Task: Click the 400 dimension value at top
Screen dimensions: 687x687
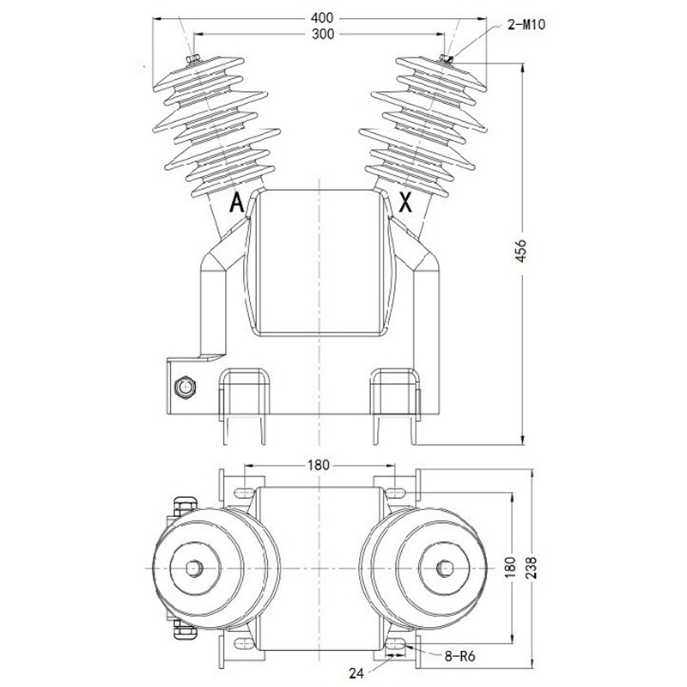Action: pyautogui.click(x=322, y=18)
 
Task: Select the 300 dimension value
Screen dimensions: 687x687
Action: pyautogui.click(x=323, y=34)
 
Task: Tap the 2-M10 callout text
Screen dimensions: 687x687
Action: pyautogui.click(x=526, y=24)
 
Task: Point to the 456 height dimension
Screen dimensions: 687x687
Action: pyautogui.click(x=520, y=251)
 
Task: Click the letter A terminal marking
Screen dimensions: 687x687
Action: pyautogui.click(x=237, y=203)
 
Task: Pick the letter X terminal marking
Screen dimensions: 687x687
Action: pyautogui.click(x=405, y=203)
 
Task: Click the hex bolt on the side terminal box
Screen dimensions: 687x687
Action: pyautogui.click(x=185, y=387)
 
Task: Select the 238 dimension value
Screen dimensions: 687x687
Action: pyautogui.click(x=532, y=568)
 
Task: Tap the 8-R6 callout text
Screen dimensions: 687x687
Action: pyautogui.click(x=460, y=656)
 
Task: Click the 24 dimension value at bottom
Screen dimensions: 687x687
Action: pyautogui.click(x=356, y=673)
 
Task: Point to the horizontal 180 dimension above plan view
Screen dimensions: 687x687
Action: pyautogui.click(x=318, y=465)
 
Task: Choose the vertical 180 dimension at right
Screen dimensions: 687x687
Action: pyautogui.click(x=510, y=568)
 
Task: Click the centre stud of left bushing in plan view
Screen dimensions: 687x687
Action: pyautogui.click(x=194, y=568)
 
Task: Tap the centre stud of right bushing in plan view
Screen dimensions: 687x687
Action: pyautogui.click(x=445, y=568)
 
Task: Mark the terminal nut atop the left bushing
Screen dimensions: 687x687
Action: pyautogui.click(x=192, y=59)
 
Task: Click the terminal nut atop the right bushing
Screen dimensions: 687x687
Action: pyautogui.click(x=447, y=58)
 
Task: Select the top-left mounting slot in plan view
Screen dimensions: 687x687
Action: pyautogui.click(x=244, y=493)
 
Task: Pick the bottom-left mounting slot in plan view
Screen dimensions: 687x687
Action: pyautogui.click(x=244, y=643)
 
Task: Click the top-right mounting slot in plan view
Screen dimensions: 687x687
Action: pyautogui.click(x=395, y=493)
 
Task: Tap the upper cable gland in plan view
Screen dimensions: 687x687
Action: pyautogui.click(x=185, y=505)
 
